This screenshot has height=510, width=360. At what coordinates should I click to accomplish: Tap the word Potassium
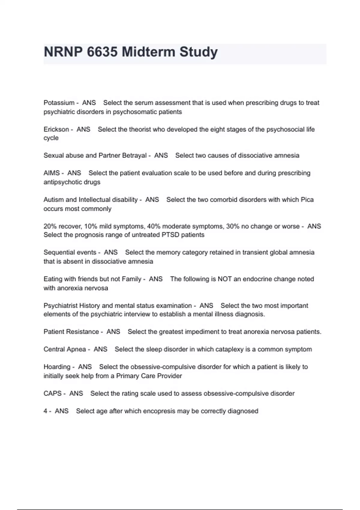(x=59, y=103)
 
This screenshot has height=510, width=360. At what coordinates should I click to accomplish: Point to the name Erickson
(x=56, y=129)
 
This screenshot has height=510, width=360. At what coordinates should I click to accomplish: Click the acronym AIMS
(x=52, y=173)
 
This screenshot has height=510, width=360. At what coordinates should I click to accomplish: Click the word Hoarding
(x=57, y=367)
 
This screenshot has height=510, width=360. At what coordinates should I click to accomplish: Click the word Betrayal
(x=134, y=155)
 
